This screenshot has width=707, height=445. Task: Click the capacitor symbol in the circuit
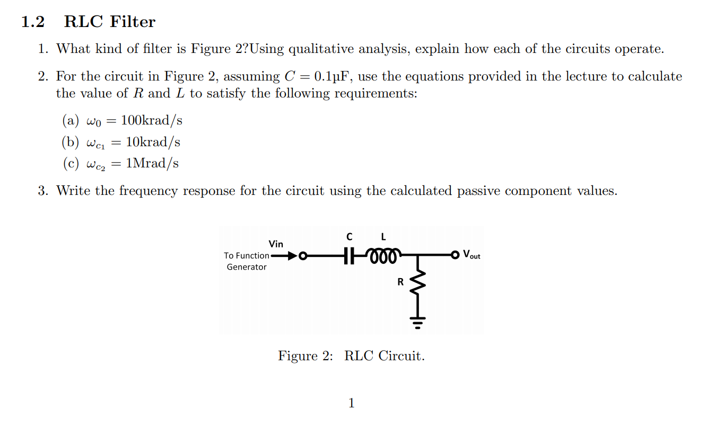point(348,255)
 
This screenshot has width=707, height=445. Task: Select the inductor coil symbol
point(383,254)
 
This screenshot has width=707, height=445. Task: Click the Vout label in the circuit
point(472,255)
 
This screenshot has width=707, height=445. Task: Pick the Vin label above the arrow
point(276,244)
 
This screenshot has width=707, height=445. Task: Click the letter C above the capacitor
point(348,236)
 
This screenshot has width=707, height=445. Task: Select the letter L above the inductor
point(383,236)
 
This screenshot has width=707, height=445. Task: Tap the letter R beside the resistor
point(400,282)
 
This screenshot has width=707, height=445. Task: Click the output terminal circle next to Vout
point(455,255)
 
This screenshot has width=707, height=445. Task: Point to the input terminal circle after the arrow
point(302,256)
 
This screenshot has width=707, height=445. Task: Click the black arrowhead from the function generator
point(291,256)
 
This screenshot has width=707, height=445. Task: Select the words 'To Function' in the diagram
point(247,256)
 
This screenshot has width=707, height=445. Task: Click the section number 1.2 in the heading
point(33,22)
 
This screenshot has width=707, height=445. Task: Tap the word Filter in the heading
point(133,22)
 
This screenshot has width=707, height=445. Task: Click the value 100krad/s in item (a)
point(152,120)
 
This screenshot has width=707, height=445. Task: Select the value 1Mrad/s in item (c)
point(152,163)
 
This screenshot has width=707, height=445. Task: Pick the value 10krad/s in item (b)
point(153,142)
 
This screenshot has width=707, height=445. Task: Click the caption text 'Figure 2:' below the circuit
point(306,355)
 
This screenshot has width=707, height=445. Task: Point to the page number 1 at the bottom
point(351,403)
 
